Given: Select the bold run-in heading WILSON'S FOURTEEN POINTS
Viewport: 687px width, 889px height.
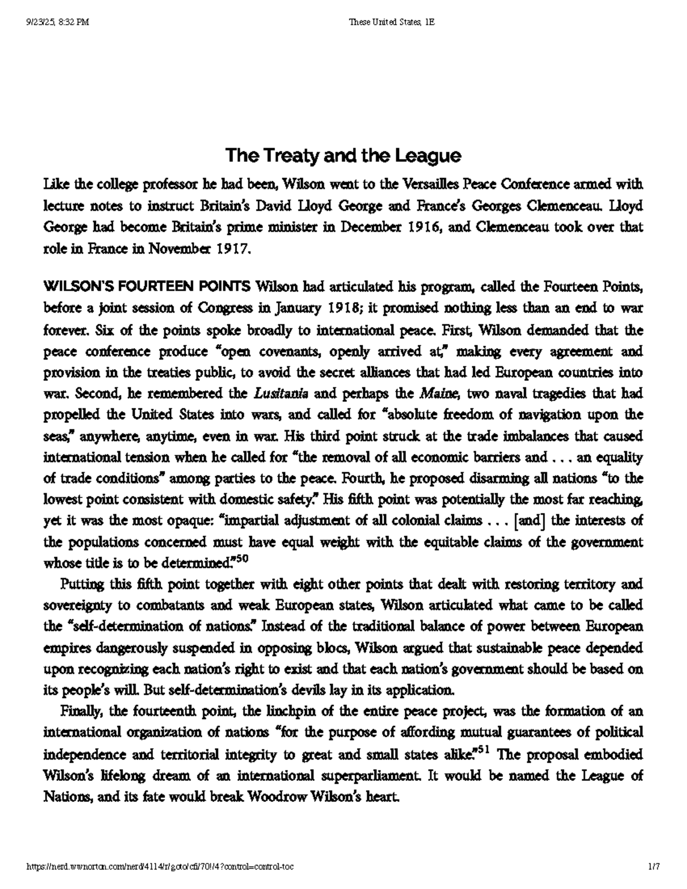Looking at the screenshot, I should pyautogui.click(x=147, y=287).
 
